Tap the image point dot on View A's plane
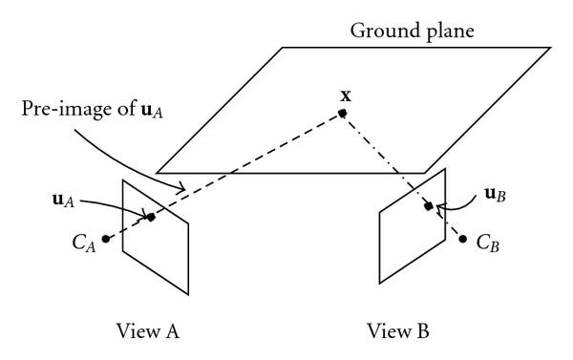point(151,218)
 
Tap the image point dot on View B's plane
point(428,204)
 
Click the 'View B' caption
point(399,331)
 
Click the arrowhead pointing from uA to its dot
point(143,213)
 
